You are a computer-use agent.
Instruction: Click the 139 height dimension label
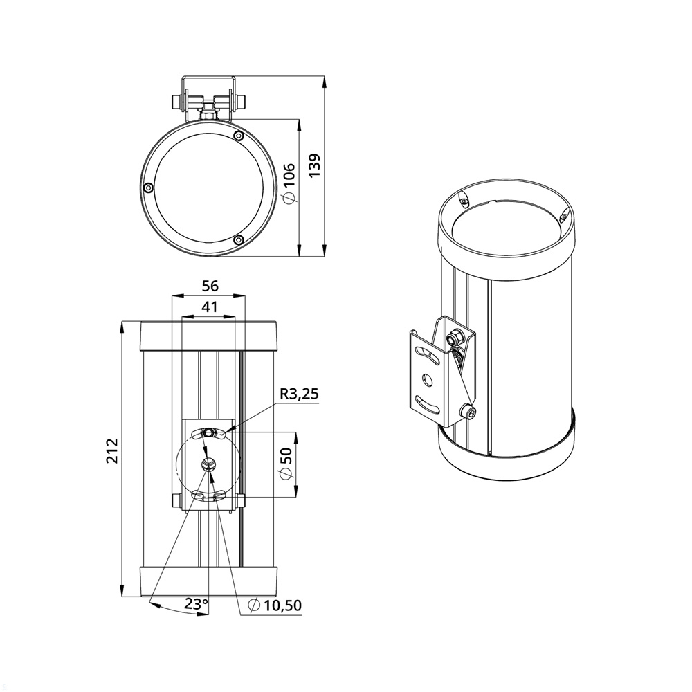(314, 165)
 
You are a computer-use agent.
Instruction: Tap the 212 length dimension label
(113, 450)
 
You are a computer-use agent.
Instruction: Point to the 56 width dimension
(210, 286)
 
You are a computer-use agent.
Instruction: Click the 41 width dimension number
(209, 307)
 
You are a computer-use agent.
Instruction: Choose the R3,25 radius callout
(299, 394)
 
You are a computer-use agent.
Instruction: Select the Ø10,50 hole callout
(275, 605)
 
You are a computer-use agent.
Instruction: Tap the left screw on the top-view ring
(149, 187)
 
